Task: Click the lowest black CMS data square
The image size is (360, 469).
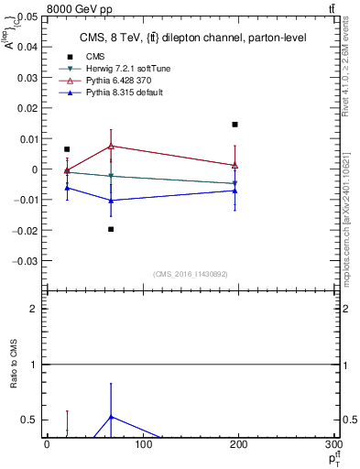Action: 111,229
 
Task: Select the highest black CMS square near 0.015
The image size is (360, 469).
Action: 235,125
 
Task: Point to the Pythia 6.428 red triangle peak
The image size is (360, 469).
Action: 111,146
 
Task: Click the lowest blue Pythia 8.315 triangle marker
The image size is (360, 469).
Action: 111,201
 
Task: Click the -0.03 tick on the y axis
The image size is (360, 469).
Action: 25,260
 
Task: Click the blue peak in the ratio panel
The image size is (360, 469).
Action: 111,416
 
